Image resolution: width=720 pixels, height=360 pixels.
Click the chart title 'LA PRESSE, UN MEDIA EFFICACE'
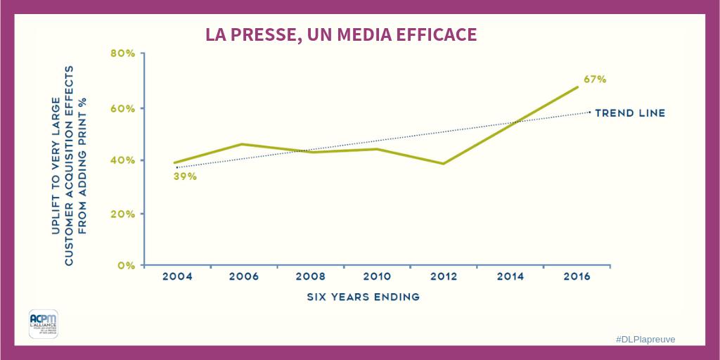pos(341,34)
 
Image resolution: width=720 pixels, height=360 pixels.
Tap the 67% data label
pos(595,79)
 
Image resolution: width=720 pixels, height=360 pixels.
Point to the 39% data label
pos(185,176)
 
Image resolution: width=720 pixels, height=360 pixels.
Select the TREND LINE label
pos(630,112)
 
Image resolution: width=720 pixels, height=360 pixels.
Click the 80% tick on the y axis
pos(122,54)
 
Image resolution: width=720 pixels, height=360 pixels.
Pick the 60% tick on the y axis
pos(122,108)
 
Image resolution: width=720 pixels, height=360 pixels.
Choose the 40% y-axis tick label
pos(122,160)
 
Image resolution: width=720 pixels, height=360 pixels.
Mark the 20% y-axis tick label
pos(122,214)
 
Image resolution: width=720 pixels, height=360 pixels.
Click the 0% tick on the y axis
pos(125,266)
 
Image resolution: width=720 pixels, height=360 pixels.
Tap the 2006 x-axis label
pos(243,277)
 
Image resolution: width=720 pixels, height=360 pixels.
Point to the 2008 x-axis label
pos(311,277)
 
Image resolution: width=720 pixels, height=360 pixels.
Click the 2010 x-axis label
pos(377,277)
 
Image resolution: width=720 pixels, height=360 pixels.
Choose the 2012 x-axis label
pos(443,277)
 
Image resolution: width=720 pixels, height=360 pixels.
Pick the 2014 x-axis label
pos(510,277)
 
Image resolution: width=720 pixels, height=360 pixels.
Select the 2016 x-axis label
pos(576,277)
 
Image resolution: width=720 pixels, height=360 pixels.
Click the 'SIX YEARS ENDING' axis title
pos(363,297)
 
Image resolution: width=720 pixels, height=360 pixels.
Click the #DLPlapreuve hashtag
pos(645,339)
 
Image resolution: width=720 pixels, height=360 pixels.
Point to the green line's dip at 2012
pos(443,163)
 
